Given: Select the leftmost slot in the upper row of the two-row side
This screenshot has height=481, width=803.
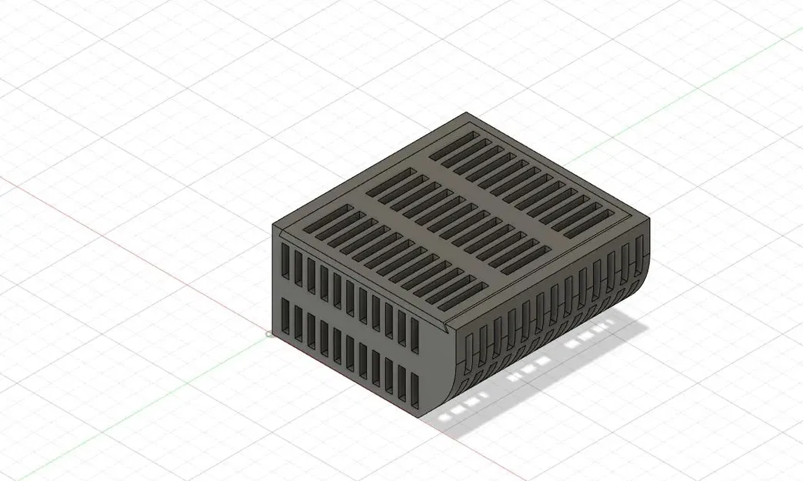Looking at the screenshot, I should pyautogui.click(x=285, y=262).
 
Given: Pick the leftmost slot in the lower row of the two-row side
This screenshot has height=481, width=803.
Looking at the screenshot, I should pyautogui.click(x=285, y=316).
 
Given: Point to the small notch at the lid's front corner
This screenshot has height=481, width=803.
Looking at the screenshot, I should pyautogui.click(x=448, y=326).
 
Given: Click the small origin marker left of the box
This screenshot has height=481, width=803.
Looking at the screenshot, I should pyautogui.click(x=269, y=334).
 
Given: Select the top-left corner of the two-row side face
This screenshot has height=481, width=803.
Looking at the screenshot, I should pyautogui.click(x=275, y=225).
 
